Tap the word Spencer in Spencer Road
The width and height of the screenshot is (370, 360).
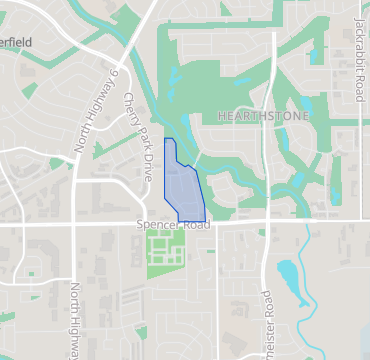tap(156, 228)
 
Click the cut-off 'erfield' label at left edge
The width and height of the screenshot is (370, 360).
tap(17, 43)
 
